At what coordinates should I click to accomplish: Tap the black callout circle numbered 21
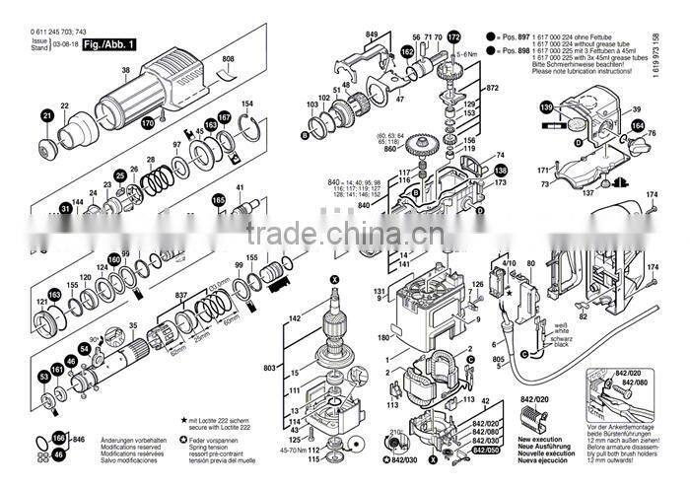pyautogui.click(x=44, y=117)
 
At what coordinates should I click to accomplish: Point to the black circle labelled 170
pyautogui.click(x=148, y=123)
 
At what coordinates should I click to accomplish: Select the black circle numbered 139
pyautogui.click(x=545, y=106)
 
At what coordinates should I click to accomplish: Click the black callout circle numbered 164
pyautogui.click(x=638, y=126)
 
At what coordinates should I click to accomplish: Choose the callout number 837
pyautogui.click(x=180, y=296)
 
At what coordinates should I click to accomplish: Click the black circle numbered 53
pyautogui.click(x=44, y=377)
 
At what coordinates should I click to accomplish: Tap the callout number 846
pyautogui.click(x=80, y=437)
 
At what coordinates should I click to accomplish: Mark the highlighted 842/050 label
pyautogui.click(x=485, y=450)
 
